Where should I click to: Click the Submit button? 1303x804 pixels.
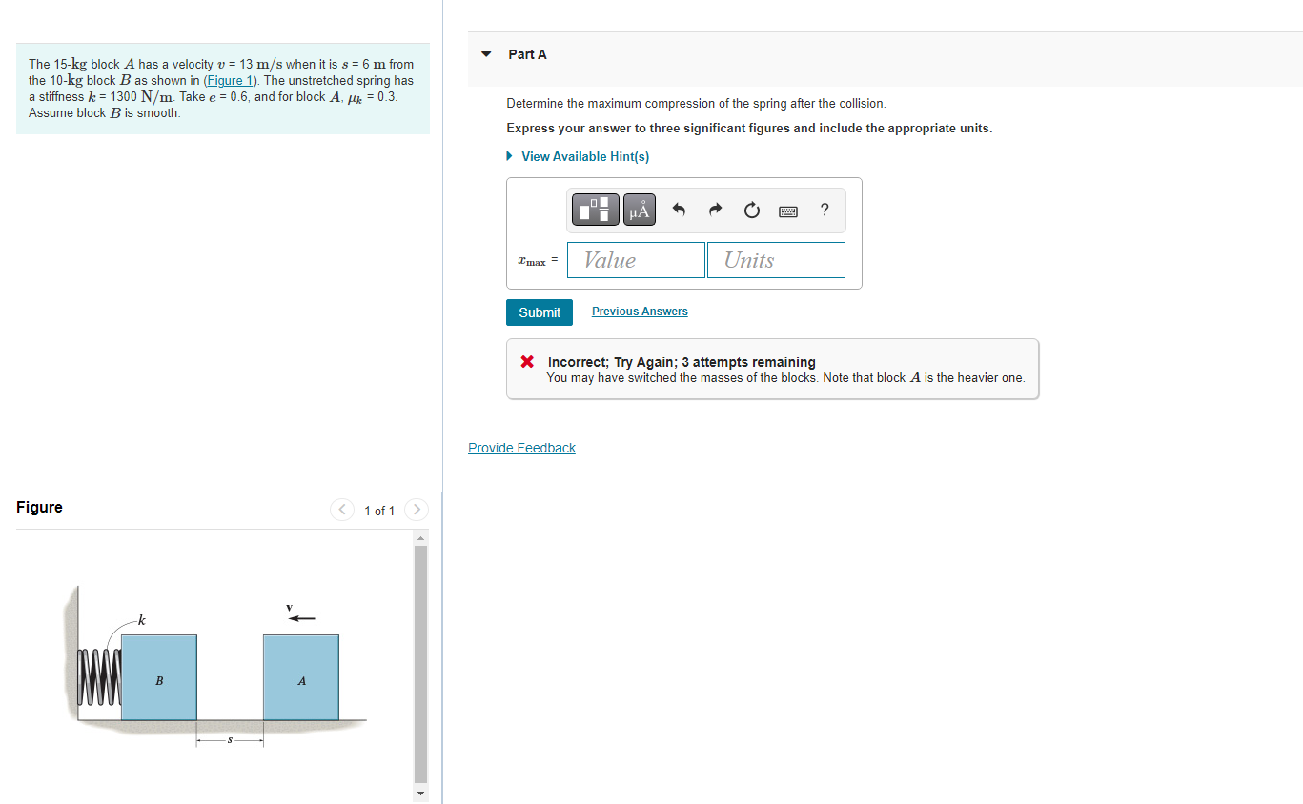pos(540,312)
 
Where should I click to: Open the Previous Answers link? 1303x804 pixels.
pos(640,312)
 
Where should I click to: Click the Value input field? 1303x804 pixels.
pos(636,260)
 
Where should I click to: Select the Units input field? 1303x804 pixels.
pos(776,260)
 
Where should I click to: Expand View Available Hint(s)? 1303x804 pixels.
pos(584,156)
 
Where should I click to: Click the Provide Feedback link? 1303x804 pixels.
pos(521,448)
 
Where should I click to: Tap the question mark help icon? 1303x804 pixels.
pos(825,210)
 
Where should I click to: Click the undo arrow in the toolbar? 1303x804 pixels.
pos(679,210)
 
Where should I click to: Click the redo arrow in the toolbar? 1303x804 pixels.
pos(715,210)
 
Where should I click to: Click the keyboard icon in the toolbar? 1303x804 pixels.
pos(788,210)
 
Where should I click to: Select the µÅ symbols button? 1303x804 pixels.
pos(639,210)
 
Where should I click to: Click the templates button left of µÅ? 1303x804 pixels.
pos(596,210)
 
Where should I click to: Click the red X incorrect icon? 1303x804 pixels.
pos(526,362)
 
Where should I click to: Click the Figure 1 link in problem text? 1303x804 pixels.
pos(230,81)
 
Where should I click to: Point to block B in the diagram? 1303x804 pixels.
pos(159,677)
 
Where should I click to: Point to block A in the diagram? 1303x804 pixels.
pos(301,677)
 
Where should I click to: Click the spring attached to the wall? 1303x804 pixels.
pos(100,677)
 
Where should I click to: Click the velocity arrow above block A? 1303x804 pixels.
pos(301,618)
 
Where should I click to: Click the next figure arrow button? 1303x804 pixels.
pos(417,511)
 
